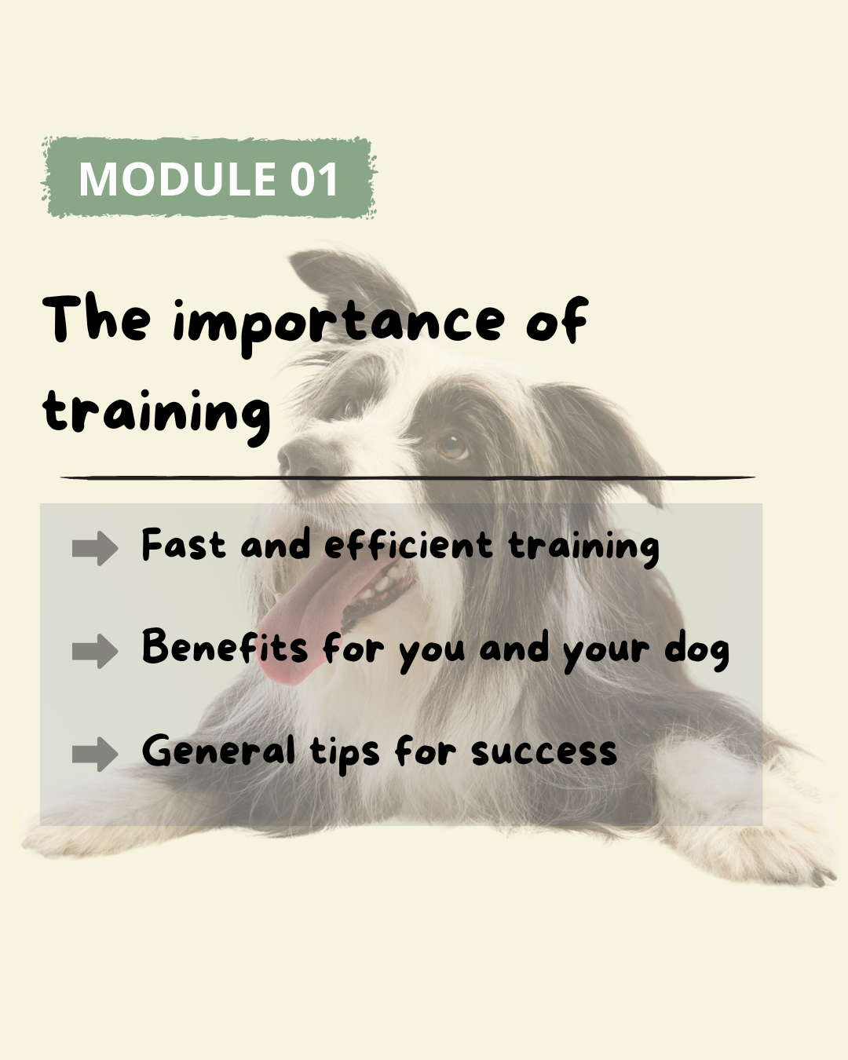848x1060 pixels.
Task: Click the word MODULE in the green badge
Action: coord(177,178)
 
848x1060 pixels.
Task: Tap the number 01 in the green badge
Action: coord(314,178)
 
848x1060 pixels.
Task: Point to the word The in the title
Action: coord(97,318)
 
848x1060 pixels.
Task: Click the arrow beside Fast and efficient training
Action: coord(95,548)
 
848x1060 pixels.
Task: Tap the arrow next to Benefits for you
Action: coord(95,651)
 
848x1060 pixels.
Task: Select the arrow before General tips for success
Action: coord(95,754)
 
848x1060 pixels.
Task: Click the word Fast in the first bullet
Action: coord(184,544)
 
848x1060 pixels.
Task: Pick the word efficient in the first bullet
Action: coord(408,544)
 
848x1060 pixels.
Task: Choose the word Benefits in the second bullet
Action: coord(225,646)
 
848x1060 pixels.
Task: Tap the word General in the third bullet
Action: coord(218,750)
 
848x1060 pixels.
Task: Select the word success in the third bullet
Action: coord(544,753)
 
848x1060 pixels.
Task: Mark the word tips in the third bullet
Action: coord(345,754)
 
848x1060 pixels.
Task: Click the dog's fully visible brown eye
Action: coord(452,446)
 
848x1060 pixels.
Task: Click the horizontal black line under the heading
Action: coord(408,477)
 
